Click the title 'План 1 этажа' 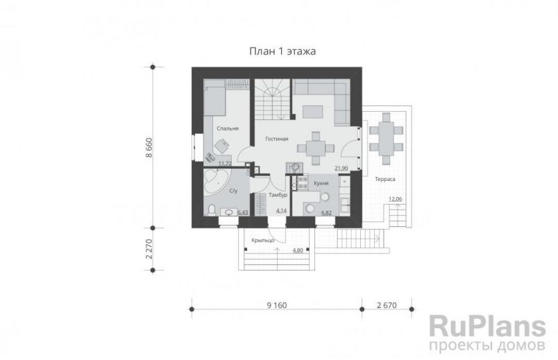click(x=282, y=51)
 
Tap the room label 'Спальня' click(x=228, y=128)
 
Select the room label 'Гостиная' click(x=276, y=139)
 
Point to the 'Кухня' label click(x=321, y=183)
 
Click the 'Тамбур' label click(x=278, y=195)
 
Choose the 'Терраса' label click(x=385, y=179)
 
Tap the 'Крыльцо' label click(x=263, y=241)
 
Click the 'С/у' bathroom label click(x=233, y=191)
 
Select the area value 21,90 click(x=341, y=169)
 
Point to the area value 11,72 click(x=225, y=164)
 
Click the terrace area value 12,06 click(x=395, y=199)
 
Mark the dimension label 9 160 click(x=276, y=305)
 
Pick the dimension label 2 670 click(x=387, y=305)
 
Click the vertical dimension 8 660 click(x=149, y=148)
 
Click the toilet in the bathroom click(x=211, y=209)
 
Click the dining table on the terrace click(x=386, y=138)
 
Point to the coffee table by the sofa click(x=313, y=112)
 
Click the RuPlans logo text click(x=487, y=327)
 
